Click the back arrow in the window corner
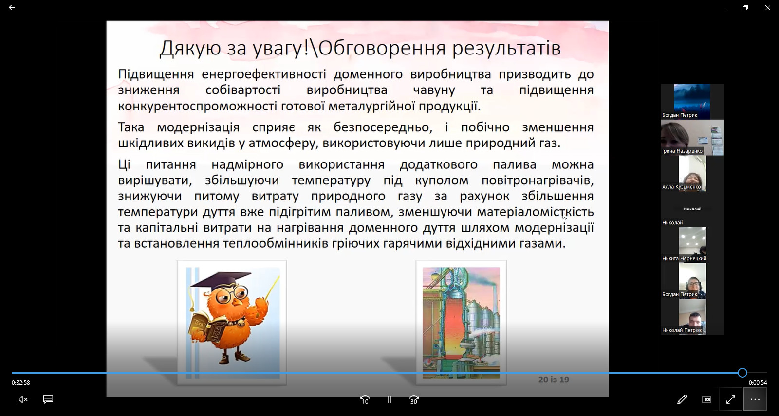(x=12, y=7)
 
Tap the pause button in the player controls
(x=389, y=399)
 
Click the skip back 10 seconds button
(x=365, y=399)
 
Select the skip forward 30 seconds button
(x=413, y=399)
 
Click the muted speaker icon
(x=23, y=399)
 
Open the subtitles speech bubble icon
(x=48, y=399)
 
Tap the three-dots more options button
(x=755, y=399)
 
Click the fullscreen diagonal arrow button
(x=731, y=399)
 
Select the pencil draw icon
(x=682, y=399)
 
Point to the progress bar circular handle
(x=742, y=373)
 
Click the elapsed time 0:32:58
(x=21, y=382)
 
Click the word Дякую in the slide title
(x=190, y=48)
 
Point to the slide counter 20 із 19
(x=554, y=380)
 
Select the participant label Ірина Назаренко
(x=682, y=151)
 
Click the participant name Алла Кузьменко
(x=682, y=187)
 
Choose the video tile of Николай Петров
(x=692, y=317)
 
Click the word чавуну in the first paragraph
(x=434, y=90)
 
